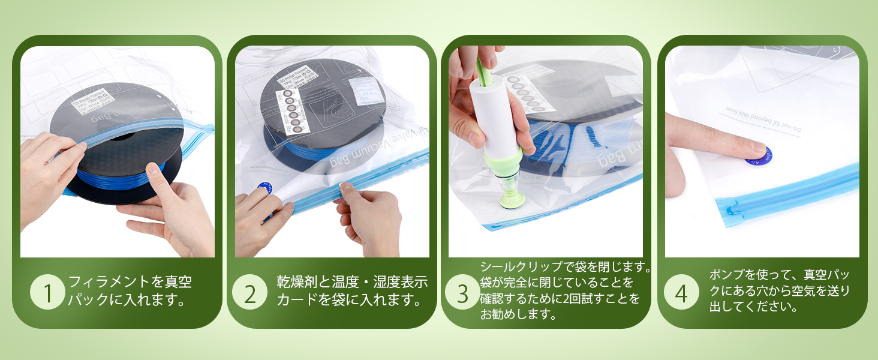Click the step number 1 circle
click(47, 293)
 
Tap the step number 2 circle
click(250, 293)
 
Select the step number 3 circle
click(462, 293)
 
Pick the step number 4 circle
click(681, 293)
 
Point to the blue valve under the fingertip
click(759, 155)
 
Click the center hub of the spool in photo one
click(123, 137)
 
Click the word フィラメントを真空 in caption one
click(130, 282)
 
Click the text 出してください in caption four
click(753, 308)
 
